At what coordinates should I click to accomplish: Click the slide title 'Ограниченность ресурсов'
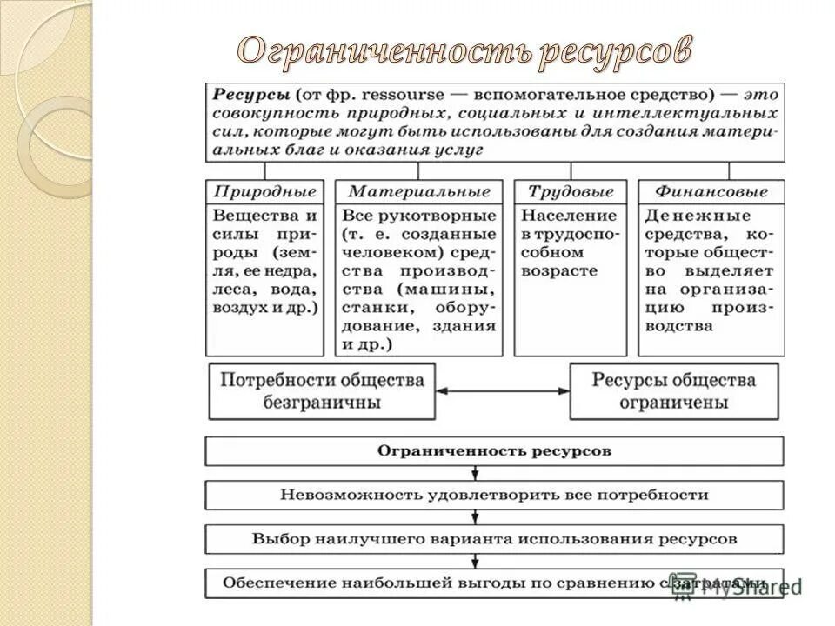[464, 52]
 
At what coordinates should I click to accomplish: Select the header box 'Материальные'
[419, 191]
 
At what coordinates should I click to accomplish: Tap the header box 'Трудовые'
[571, 191]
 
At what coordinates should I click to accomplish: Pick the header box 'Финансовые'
[711, 191]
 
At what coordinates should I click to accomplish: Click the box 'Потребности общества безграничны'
[322, 391]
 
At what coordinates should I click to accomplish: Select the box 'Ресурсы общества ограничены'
[674, 391]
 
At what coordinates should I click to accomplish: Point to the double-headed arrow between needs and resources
[502, 391]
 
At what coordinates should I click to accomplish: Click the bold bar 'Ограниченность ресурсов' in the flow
[494, 451]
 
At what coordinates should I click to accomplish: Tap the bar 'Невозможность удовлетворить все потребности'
[494, 495]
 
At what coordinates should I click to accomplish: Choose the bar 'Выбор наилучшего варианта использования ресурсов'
[494, 538]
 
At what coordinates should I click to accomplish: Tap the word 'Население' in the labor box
[569, 215]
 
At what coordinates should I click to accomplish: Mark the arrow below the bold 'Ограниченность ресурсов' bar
[475, 473]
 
